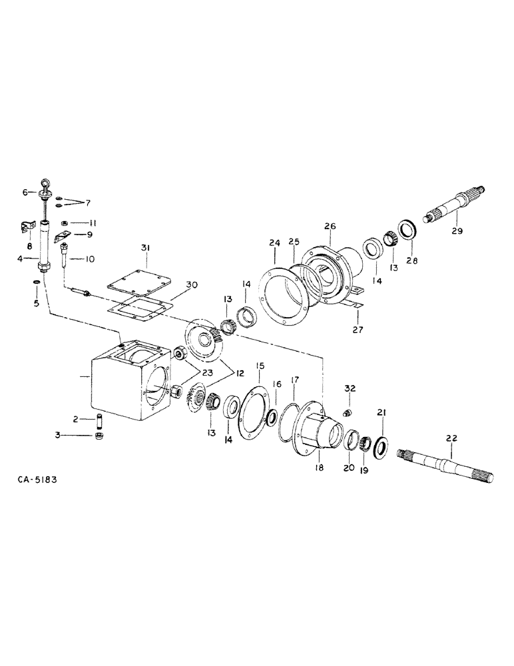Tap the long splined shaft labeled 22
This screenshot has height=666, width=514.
(446, 464)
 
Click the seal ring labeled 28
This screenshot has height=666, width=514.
(407, 228)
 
